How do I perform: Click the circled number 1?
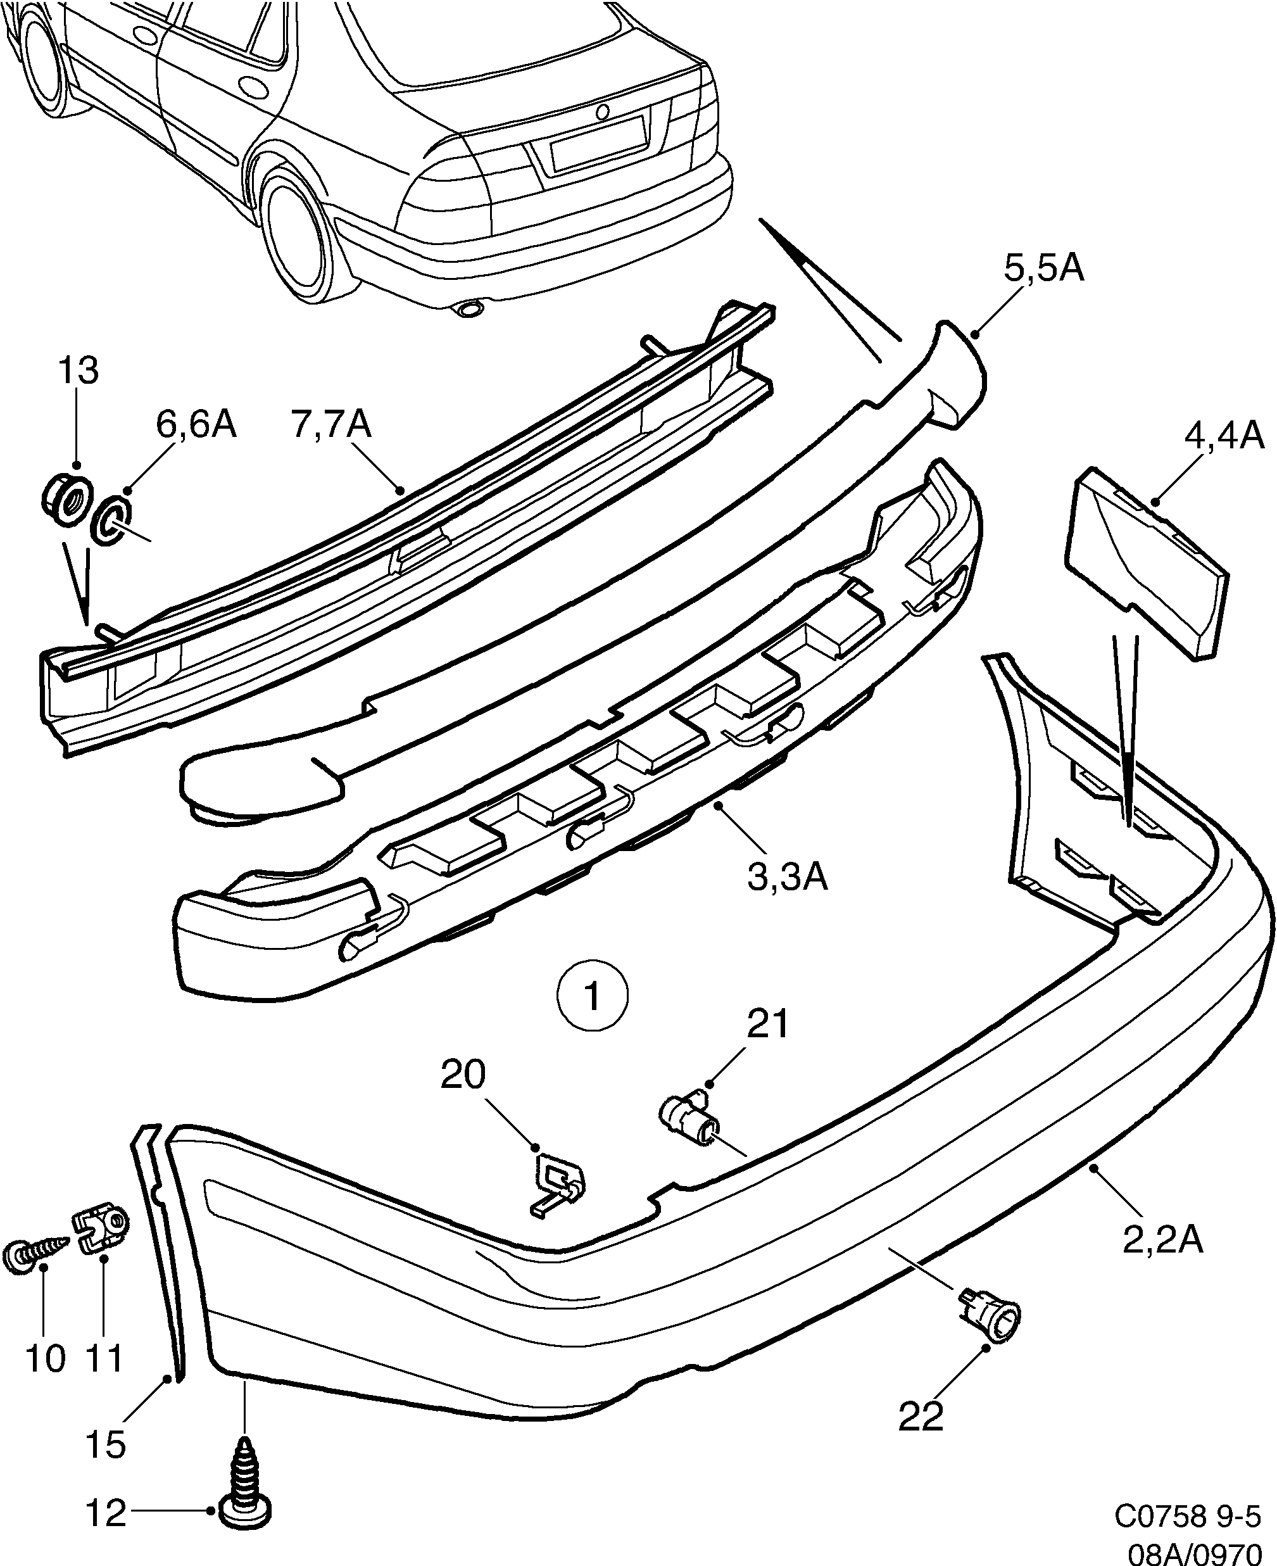coord(592,996)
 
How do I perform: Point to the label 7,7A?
coord(332,424)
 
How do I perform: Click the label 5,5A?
coord(1043,268)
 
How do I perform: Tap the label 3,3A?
coord(787,877)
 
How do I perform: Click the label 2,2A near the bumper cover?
coord(1162,1239)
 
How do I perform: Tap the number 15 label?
coord(105,1444)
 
